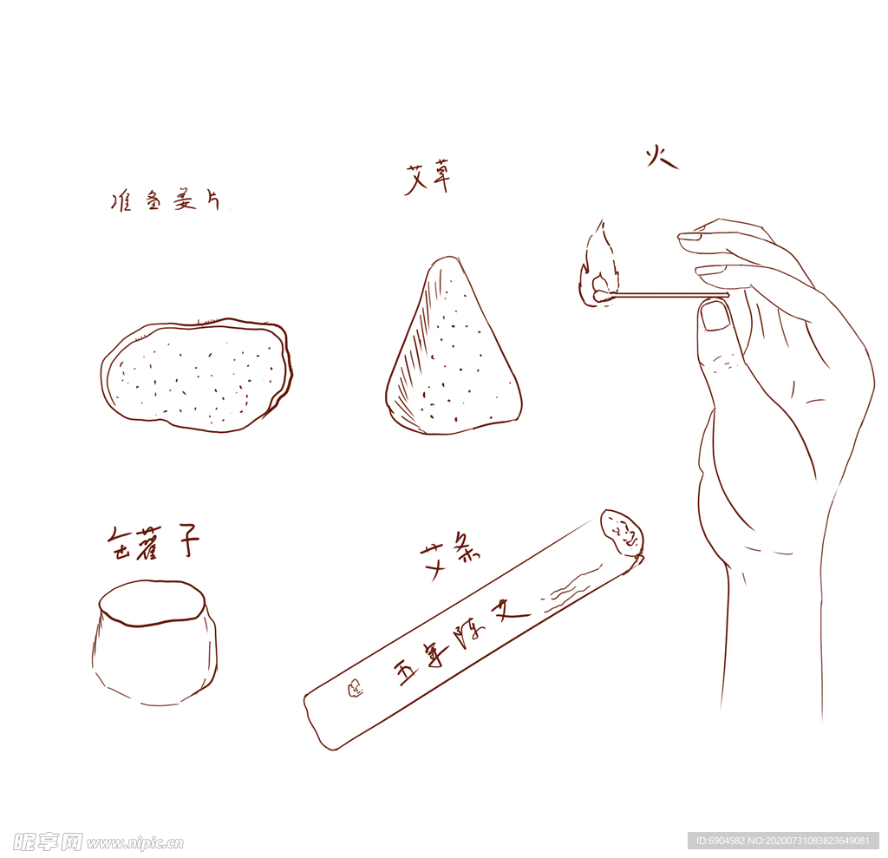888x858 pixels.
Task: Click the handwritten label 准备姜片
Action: coord(165,202)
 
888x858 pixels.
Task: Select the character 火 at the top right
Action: coord(661,158)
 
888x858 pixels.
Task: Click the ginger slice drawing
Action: coord(197,375)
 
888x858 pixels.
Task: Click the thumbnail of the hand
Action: coord(715,316)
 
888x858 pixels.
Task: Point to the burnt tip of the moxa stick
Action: coord(622,534)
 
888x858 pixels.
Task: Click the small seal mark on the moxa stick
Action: coord(355,690)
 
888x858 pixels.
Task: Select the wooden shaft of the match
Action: coord(668,296)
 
